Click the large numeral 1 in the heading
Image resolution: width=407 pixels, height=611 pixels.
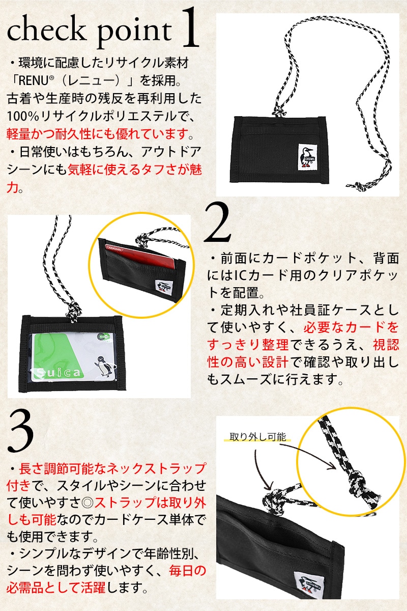(x=189, y=28)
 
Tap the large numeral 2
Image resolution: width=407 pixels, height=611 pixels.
(x=218, y=223)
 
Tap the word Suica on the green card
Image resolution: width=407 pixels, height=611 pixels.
(x=58, y=372)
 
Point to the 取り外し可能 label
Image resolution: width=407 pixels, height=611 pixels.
(x=257, y=436)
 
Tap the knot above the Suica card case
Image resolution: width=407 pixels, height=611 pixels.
(x=73, y=311)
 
